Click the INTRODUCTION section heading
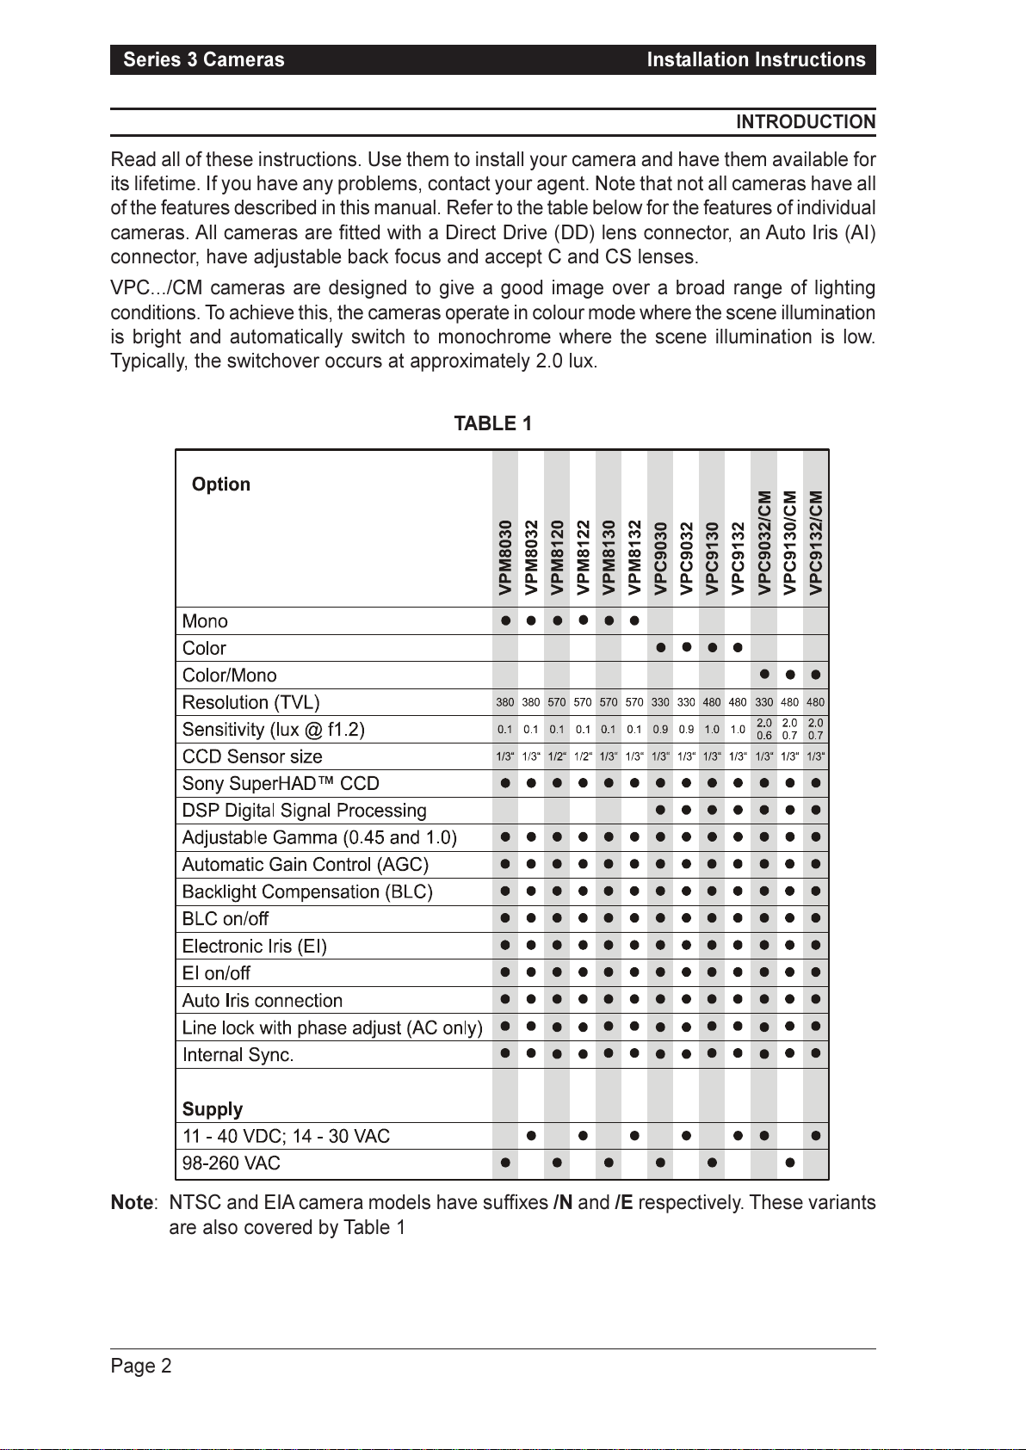[x=805, y=122]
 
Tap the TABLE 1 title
[x=493, y=423]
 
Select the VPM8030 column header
[x=505, y=557]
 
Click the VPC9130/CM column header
[x=789, y=542]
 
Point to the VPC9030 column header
[x=660, y=557]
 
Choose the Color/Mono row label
[x=229, y=676]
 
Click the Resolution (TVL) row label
[x=250, y=702]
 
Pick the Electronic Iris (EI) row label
[x=254, y=947]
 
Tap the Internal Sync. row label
[x=238, y=1055]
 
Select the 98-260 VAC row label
[x=231, y=1163]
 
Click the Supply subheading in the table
[x=212, y=1109]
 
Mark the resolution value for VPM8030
[x=505, y=702]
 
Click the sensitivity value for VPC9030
[x=660, y=730]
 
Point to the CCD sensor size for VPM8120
[x=557, y=756]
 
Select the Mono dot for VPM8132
[x=634, y=620]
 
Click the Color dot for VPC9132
[x=738, y=648]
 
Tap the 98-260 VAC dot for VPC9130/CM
[x=789, y=1163]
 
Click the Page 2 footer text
[x=141, y=1366]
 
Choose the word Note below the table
[x=132, y=1203]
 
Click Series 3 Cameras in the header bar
[x=203, y=59]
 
